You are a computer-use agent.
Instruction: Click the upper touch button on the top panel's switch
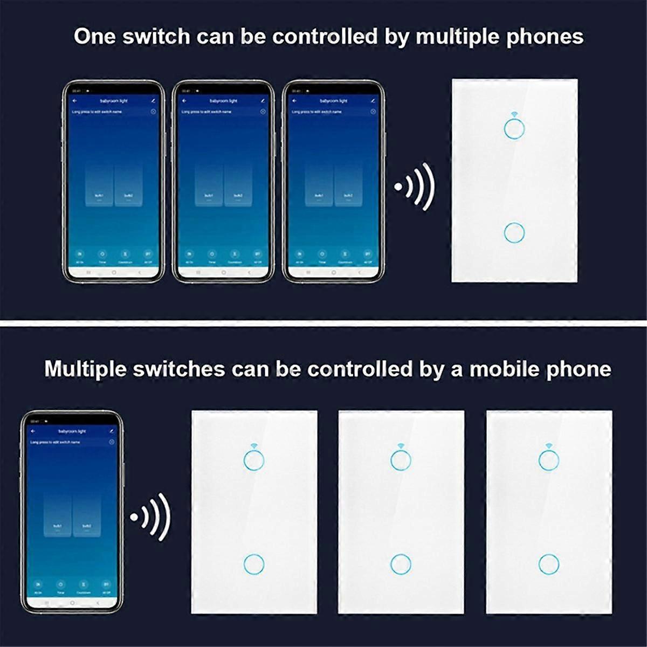514,128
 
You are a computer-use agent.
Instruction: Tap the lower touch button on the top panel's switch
514,232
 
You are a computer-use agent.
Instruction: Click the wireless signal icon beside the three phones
415,187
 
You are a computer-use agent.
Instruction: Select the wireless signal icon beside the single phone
150,517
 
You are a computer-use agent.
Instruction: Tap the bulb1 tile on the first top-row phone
99,185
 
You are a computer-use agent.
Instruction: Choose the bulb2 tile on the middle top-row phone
238,185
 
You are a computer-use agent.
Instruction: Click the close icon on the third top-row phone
373,112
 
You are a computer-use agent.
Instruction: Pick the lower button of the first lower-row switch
254,564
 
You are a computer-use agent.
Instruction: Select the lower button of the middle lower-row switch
401,564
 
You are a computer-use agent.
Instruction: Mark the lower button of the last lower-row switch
549,564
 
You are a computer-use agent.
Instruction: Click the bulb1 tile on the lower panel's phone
58,515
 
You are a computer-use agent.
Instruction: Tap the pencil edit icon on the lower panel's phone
112,431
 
